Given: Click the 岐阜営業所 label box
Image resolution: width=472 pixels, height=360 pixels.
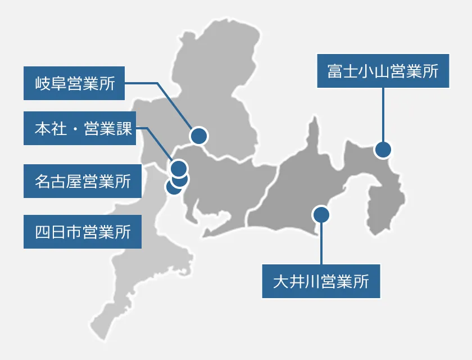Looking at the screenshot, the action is click(74, 83).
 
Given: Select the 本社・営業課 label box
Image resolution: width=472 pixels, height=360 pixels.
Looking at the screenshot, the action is click(80, 128).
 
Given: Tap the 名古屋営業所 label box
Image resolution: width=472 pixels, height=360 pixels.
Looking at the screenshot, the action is click(83, 181).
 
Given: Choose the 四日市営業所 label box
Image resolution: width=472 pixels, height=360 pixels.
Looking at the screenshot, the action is click(83, 232).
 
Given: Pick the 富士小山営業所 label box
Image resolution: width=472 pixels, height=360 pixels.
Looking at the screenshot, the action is click(383, 71).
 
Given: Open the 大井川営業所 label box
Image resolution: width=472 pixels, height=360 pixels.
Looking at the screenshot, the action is click(321, 281).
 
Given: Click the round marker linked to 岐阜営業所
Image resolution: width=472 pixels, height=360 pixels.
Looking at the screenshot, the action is click(199, 136).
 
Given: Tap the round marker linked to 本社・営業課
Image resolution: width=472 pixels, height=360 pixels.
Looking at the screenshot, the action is click(179, 168).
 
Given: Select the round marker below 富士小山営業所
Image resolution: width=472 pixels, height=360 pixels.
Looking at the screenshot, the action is click(383, 150).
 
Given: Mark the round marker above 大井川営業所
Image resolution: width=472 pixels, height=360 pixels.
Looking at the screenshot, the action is click(321, 215).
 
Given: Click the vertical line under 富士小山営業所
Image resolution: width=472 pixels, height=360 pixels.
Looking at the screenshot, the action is click(383, 115).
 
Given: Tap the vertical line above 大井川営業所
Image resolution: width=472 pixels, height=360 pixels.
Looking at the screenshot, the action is click(321, 244).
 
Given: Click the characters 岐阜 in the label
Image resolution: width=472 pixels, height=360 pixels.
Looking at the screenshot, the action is click(51, 83).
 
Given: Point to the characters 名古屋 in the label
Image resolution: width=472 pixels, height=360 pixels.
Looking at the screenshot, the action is click(58, 181).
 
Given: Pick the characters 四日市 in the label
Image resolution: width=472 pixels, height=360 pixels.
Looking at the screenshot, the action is click(58, 232).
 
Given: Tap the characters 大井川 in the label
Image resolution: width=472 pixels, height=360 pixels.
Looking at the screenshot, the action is click(297, 282).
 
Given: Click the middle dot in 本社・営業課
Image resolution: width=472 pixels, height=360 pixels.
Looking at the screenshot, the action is click(75, 129).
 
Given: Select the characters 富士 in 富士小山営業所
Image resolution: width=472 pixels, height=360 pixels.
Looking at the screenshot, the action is click(343, 71).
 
